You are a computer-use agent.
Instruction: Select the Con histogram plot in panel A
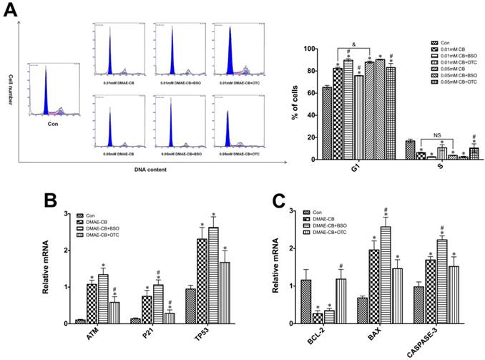(x=50, y=90)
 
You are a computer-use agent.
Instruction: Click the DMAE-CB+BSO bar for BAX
(x=385, y=275)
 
